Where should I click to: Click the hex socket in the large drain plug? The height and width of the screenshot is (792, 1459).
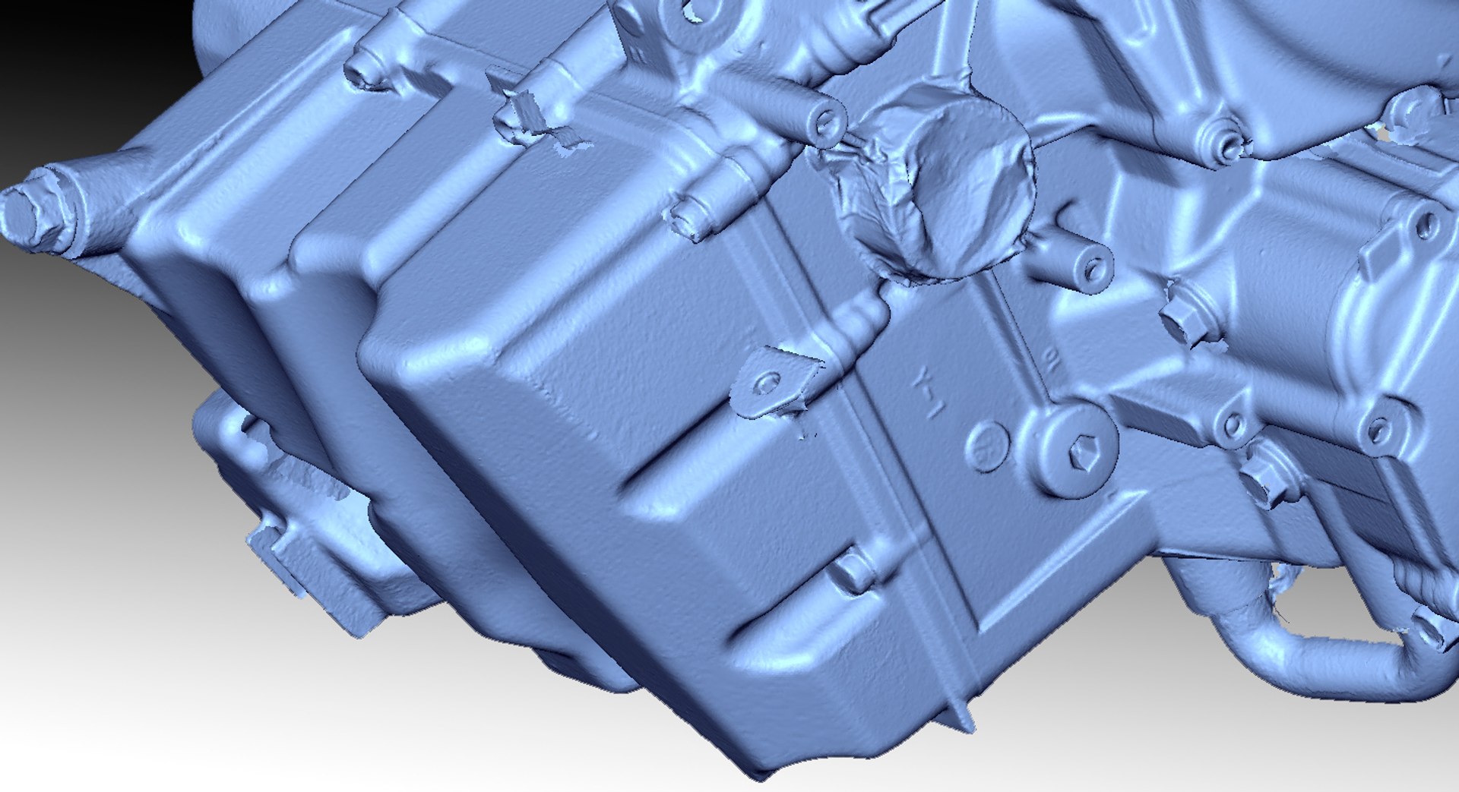1082,453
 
